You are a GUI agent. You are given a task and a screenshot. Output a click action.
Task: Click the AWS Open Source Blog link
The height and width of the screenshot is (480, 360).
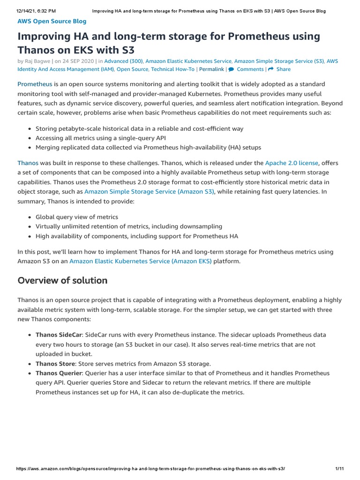(x=52, y=21)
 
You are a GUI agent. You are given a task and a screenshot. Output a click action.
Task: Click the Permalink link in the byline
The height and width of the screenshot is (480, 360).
(x=211, y=69)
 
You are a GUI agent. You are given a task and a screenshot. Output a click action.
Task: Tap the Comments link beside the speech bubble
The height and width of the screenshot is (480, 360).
(x=250, y=69)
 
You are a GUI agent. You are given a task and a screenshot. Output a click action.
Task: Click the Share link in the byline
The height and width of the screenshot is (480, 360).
(x=283, y=69)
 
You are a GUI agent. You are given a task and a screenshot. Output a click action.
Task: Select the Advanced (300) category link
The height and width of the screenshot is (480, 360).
(x=123, y=61)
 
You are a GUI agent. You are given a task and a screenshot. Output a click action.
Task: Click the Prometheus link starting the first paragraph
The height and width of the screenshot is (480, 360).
(x=35, y=84)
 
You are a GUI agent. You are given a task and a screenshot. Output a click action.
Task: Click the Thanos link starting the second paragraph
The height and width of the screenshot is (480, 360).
(x=28, y=163)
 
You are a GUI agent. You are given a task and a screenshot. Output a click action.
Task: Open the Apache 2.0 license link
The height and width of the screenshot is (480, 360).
(x=292, y=163)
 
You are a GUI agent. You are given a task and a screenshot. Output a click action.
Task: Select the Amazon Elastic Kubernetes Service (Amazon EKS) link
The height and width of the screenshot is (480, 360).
(x=140, y=261)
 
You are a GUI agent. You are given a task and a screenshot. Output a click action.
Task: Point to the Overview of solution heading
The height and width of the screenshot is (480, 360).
(x=62, y=280)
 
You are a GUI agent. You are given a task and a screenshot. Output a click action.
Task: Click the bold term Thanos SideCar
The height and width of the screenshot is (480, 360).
(x=59, y=335)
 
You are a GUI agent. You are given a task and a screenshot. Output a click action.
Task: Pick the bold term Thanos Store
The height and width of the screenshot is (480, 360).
(x=55, y=363)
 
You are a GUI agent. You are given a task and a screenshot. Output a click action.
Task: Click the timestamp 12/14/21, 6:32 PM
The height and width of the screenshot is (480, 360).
(x=36, y=10)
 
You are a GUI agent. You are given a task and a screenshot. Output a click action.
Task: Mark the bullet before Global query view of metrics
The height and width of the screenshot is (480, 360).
(x=30, y=217)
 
